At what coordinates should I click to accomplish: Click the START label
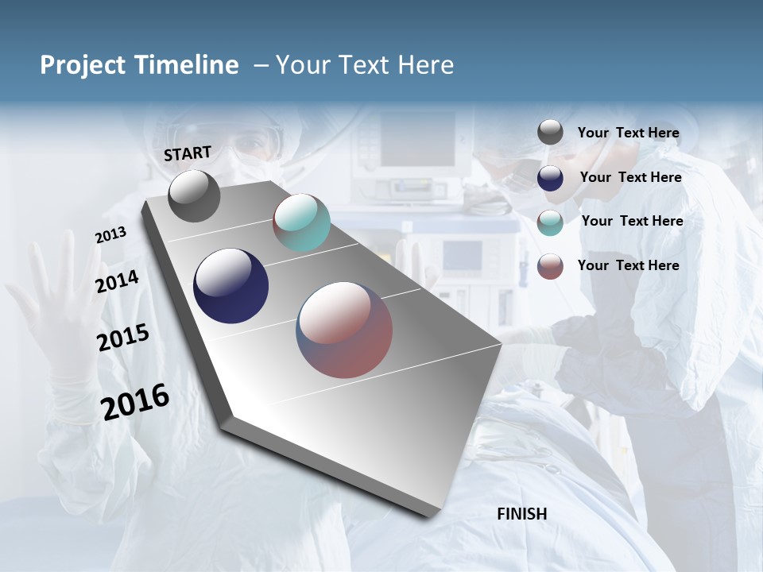coord(188,153)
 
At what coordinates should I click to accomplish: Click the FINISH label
coord(521,514)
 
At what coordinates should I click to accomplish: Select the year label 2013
coord(110,235)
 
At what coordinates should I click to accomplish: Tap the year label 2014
coord(117,281)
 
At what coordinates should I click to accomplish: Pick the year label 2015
coord(122,338)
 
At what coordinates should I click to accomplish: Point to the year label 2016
coord(135,402)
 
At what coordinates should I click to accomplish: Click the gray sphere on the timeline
coord(194,196)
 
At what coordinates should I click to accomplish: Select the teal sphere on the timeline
coord(301,222)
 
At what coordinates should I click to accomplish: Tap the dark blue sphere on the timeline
coord(230,286)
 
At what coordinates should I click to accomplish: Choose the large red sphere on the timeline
coord(344,330)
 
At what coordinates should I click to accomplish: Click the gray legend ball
coord(550,133)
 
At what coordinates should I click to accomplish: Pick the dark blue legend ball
coord(550,177)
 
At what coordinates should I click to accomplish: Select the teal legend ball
coord(550,222)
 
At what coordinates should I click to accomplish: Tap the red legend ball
coord(550,265)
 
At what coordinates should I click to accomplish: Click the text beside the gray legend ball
coord(628,133)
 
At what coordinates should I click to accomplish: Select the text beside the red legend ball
coord(628,265)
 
